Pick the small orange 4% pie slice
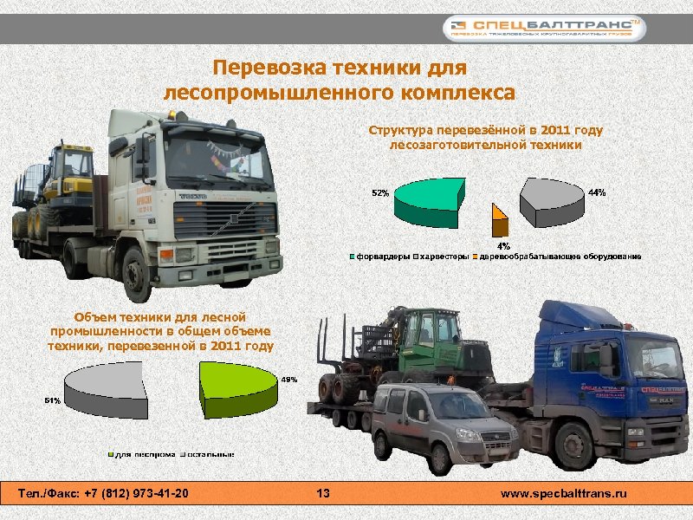pos(499,220)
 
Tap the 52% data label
pos(379,192)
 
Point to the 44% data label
pos(597,192)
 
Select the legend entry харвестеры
pos(444,257)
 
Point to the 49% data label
pos(289,379)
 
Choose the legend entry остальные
pos(208,453)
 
